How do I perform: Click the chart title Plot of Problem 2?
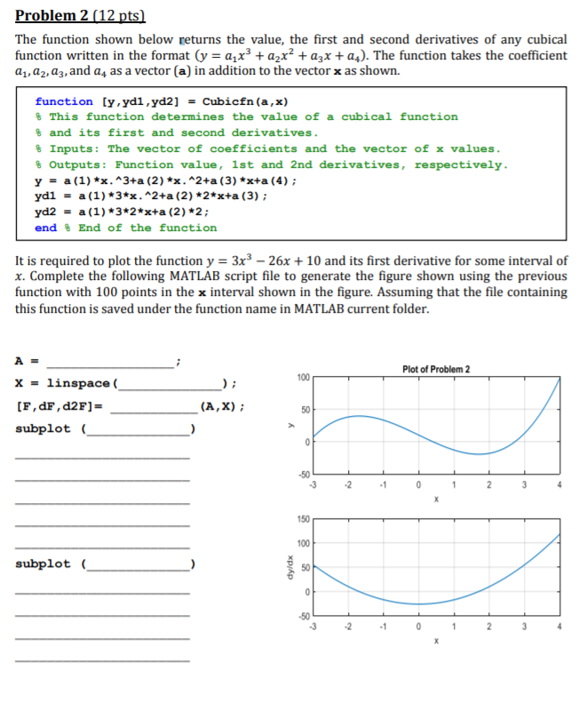click(435, 369)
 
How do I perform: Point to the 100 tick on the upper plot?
click(303, 379)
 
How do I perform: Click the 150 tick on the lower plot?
click(303, 519)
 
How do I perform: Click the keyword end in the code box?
click(45, 228)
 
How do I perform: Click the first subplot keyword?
click(46, 428)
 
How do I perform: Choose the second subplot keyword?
click(46, 563)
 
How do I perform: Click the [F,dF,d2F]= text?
click(59, 406)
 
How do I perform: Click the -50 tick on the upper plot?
click(303, 475)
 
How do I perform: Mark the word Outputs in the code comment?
click(75, 164)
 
